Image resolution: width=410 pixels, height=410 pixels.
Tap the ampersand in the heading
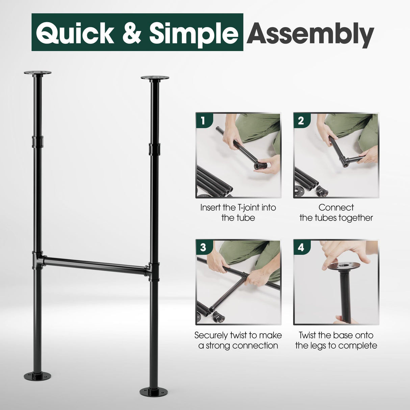pos(131,33)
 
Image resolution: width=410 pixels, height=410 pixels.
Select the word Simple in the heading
pos(194,33)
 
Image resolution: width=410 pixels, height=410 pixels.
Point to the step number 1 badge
pos(203,121)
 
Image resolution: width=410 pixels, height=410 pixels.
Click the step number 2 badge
pos(301,121)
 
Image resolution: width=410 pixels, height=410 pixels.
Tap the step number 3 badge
pos(203,247)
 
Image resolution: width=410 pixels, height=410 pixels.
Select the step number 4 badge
pos(301,247)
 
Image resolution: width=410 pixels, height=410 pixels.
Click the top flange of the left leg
pos(37,73)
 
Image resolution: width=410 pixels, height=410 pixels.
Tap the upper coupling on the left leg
pos(37,142)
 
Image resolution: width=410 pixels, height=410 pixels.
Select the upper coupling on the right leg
pos(154,149)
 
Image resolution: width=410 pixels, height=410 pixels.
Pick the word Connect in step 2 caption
pos(336,207)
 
